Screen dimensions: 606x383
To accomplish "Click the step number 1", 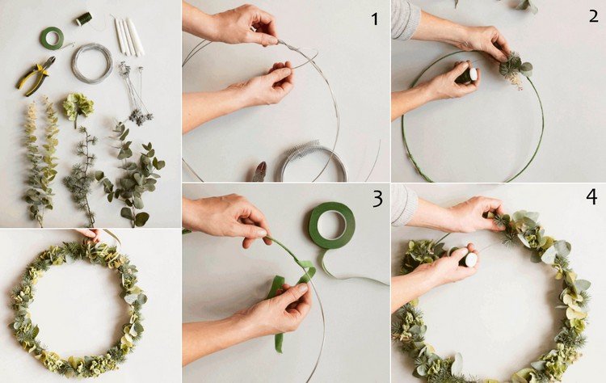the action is coord(374,19).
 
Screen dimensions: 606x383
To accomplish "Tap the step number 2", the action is coord(593,15).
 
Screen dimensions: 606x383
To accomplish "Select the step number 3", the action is coord(377,199).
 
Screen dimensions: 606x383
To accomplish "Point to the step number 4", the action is coord(591,196).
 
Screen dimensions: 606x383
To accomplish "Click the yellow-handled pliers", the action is coord(36,75).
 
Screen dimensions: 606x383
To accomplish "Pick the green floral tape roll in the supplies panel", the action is coord(52,38).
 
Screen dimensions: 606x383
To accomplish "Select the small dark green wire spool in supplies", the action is coord(84,19).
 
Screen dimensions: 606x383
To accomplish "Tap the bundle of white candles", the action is coord(128,36).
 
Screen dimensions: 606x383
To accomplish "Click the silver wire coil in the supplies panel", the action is coord(92,63).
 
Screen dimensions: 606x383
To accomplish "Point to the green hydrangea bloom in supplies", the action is coord(78,106).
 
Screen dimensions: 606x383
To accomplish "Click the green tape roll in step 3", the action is coord(332,225).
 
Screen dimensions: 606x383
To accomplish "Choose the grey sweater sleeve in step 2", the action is coord(405,18).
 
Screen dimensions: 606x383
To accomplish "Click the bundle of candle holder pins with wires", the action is coord(134,94).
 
